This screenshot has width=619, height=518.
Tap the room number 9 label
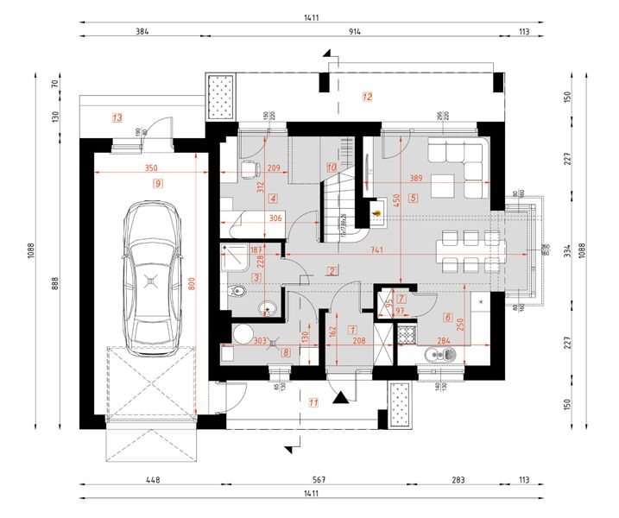coord(157,183)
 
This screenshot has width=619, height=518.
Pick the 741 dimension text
coord(376,250)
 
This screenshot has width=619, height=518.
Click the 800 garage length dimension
coord(193,282)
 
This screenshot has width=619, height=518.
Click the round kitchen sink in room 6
coord(433,353)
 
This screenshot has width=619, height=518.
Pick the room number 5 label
coord(413,198)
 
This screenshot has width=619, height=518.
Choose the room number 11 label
coord(313,401)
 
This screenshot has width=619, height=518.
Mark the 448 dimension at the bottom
coord(153,478)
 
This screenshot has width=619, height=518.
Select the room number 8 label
coord(286,351)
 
